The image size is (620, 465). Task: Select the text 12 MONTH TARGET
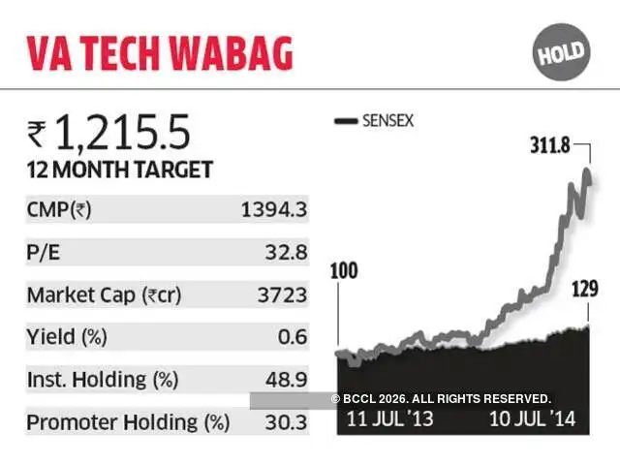119,170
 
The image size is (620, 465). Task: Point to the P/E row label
44,253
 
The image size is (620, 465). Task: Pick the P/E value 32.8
288,253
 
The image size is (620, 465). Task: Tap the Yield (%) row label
68,337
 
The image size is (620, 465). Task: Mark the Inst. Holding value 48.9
288,380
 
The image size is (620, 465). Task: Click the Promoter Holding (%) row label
128,422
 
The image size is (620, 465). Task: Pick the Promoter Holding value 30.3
288,422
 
